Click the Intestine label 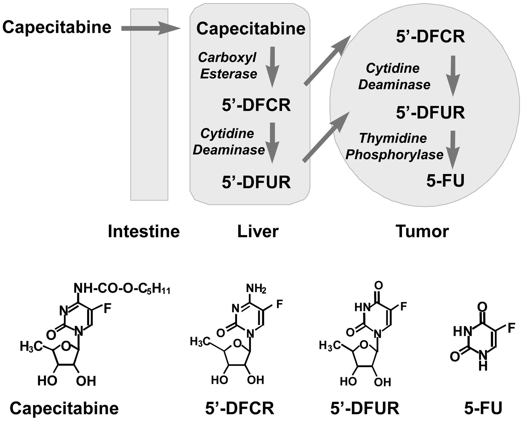coord(144,231)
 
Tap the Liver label coord(258,231)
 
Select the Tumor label coord(422,231)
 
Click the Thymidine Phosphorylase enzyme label coord(394,146)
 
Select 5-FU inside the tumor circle coord(445,181)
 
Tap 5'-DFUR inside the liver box coord(256,182)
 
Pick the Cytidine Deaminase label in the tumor coord(394,76)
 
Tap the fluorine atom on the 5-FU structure coord(511,328)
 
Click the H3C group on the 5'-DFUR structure coord(330,345)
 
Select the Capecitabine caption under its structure coord(64,408)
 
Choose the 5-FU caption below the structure coord(483,408)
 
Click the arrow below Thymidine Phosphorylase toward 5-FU coord(453,149)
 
